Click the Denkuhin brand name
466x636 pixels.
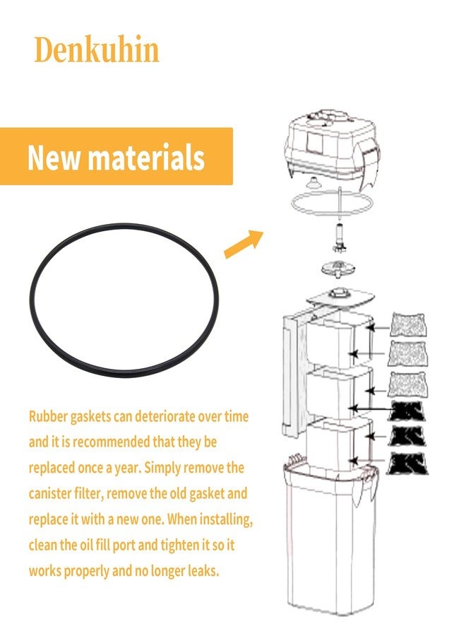pos(97,49)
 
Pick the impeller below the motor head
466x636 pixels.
pos(337,237)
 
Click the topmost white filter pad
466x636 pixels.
pos(407,324)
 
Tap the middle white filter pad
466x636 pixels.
pos(407,353)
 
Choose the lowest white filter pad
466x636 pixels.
pos(407,384)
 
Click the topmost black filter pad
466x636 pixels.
pos(407,411)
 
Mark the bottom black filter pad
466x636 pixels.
pos(407,463)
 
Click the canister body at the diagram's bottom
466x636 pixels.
pos(329,539)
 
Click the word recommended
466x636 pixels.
pos(111,442)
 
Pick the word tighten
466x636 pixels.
pos(180,545)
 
